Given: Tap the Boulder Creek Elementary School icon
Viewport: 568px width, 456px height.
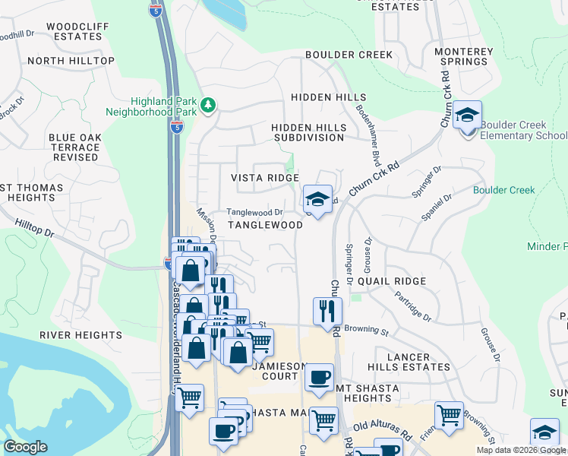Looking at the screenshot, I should [x=467, y=116].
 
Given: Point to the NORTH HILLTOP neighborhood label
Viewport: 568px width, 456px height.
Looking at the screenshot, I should [x=71, y=61].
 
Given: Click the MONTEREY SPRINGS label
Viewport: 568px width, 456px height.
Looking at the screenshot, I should [x=463, y=56].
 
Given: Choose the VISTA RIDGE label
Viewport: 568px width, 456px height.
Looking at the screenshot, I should [x=265, y=177].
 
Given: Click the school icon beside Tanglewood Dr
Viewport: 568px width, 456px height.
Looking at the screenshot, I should [x=317, y=200].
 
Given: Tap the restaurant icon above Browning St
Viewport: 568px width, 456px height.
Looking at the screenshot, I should [x=327, y=310].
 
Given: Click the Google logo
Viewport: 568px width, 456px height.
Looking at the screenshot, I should [x=27, y=447].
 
